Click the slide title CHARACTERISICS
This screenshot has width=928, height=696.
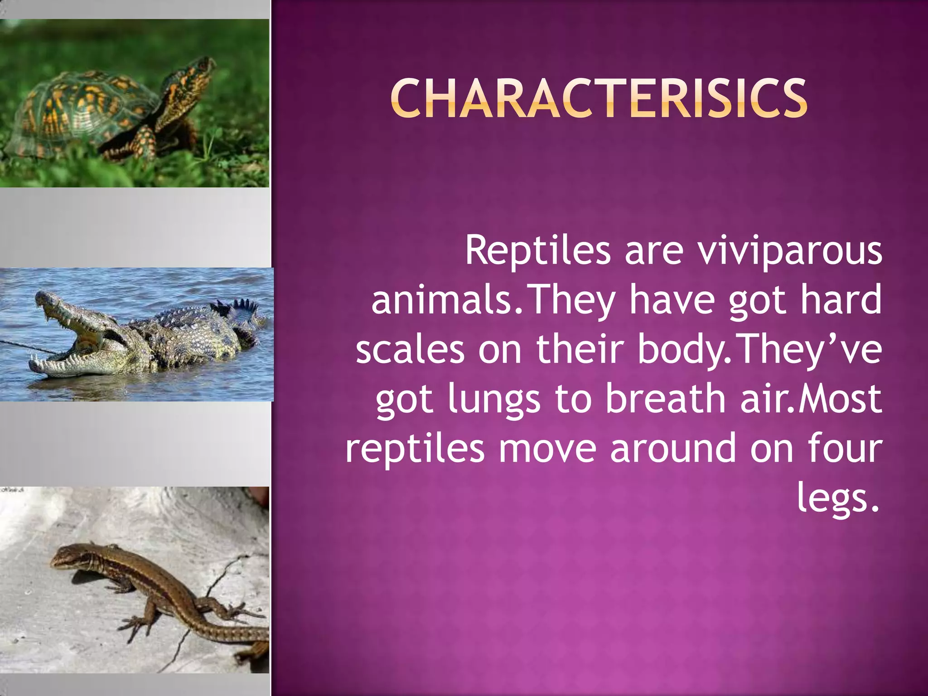599,98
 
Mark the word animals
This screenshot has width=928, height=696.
441,300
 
